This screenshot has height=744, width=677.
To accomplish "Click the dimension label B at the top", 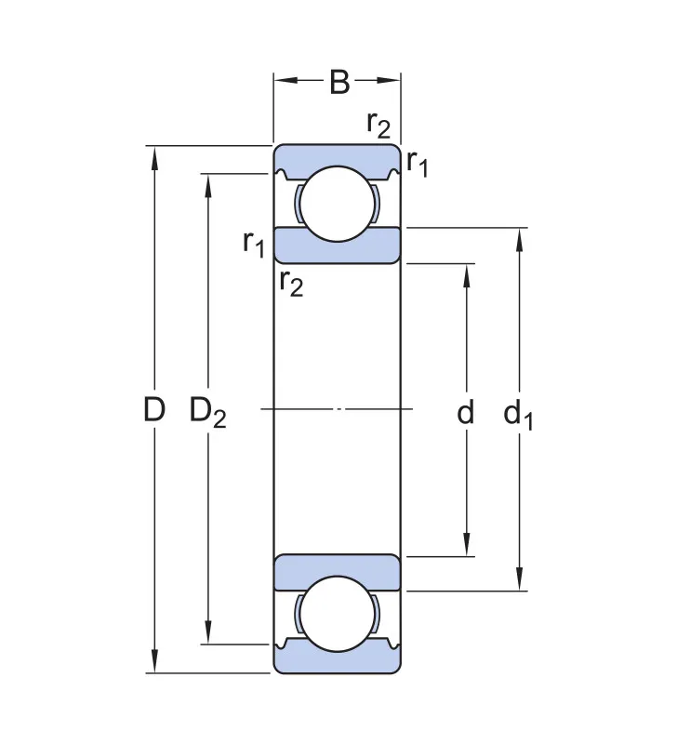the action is [x=339, y=82].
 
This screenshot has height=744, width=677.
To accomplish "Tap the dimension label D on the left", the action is [x=154, y=409].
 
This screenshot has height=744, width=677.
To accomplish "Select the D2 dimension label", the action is [x=207, y=412].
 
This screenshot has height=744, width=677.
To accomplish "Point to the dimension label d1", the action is [x=518, y=415].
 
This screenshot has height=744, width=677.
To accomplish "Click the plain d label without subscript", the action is [x=465, y=411].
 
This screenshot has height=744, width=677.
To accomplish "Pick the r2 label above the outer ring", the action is [x=378, y=125].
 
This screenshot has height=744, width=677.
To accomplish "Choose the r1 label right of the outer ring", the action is [x=417, y=163].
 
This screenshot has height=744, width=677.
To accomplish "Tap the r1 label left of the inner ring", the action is [x=253, y=243].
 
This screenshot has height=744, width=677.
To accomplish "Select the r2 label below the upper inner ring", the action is [x=291, y=283].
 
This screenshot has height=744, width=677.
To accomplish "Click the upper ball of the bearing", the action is [x=338, y=204].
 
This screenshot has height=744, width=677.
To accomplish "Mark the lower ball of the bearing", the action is [x=338, y=614].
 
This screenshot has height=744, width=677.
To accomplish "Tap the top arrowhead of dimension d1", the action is [x=520, y=240].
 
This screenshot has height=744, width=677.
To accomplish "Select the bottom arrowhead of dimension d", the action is [x=466, y=545].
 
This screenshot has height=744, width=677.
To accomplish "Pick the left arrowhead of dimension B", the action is [x=286, y=80].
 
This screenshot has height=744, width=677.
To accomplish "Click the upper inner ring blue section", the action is [x=338, y=246].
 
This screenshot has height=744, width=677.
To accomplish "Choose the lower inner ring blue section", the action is [x=338, y=572].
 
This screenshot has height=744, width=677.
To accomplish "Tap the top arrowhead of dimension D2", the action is [x=207, y=185].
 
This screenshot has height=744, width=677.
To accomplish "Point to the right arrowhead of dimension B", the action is [x=389, y=80].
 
